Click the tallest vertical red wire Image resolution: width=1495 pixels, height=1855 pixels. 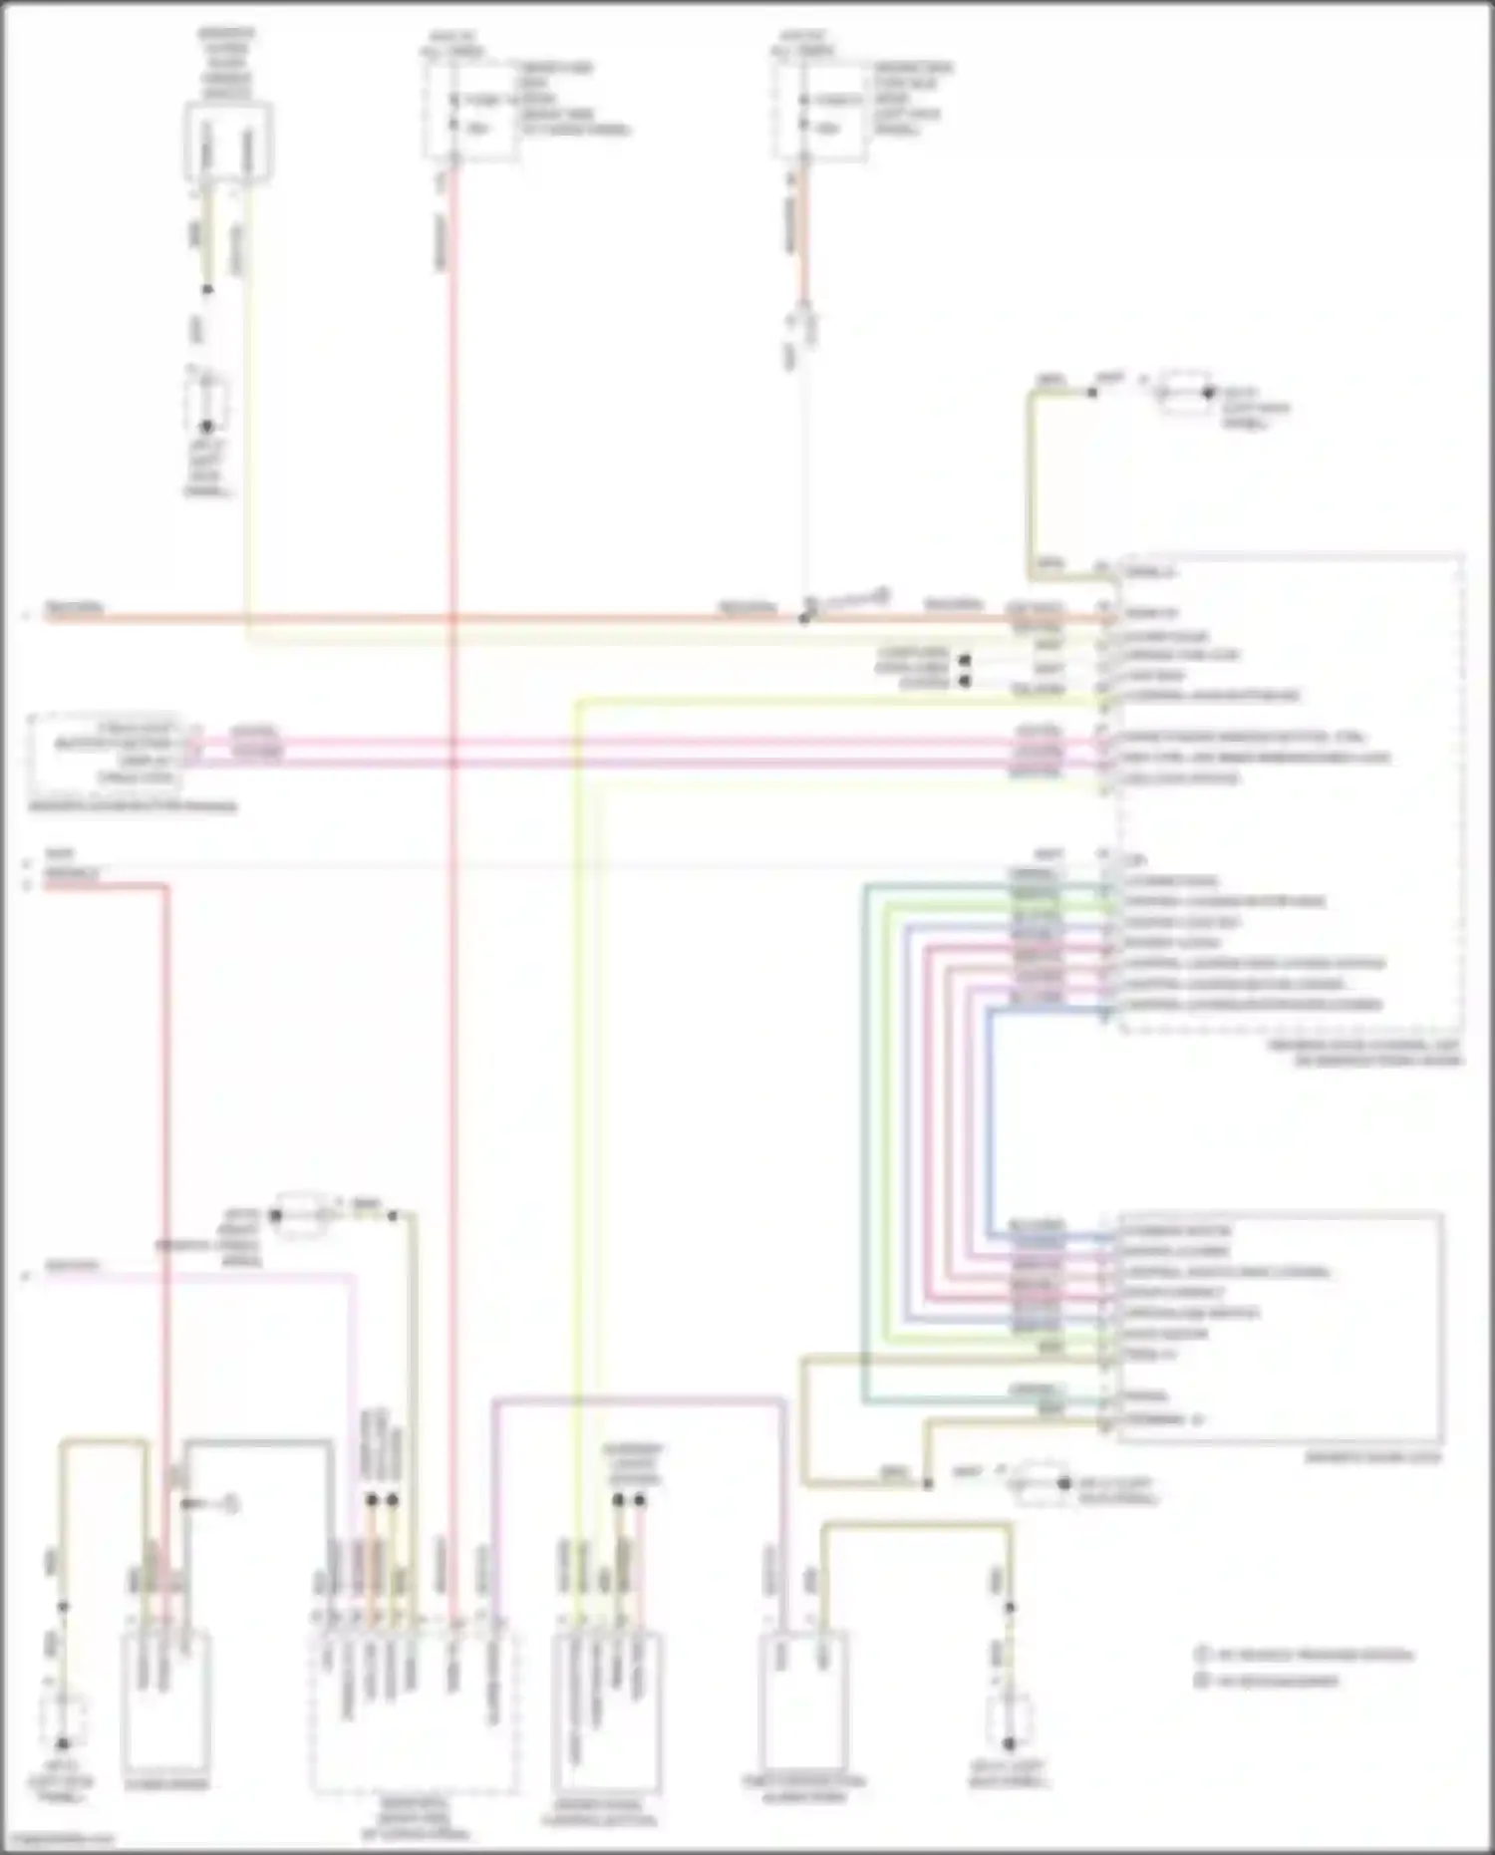452,897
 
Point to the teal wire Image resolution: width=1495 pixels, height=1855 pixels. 865,1146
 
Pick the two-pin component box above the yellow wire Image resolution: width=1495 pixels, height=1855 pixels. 227,142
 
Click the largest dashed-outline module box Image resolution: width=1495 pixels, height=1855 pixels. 1291,792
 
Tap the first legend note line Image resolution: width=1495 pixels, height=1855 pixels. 1306,1656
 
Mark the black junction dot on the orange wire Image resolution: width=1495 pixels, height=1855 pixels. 804,618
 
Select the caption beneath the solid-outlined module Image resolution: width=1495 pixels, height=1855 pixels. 1373,1457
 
